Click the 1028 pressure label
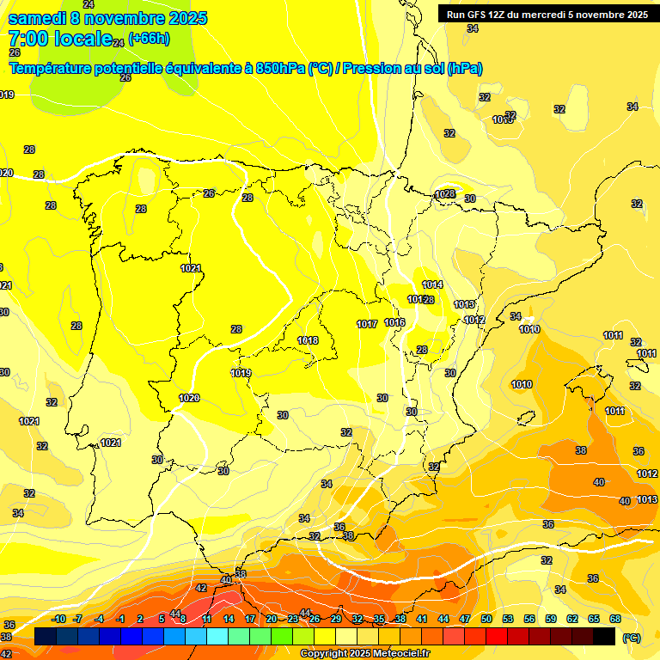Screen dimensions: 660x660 pyautogui.click(x=445, y=194)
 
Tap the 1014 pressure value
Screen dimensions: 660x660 pyautogui.click(x=432, y=284)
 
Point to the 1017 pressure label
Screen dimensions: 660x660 pyautogui.click(x=367, y=324)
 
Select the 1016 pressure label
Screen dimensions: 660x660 pyautogui.click(x=395, y=322)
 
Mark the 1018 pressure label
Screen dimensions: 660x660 pyautogui.click(x=308, y=340)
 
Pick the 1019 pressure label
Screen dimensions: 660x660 pyautogui.click(x=241, y=373)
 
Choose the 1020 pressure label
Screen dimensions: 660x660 pyautogui.click(x=189, y=398)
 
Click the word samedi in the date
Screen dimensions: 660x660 pyautogui.click(x=38, y=18)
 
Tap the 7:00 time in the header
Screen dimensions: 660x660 pyautogui.click(x=28, y=39)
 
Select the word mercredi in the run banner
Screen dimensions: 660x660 pyautogui.click(x=538, y=14)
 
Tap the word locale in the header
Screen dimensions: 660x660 pyautogui.click(x=82, y=39)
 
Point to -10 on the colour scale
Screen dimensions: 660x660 pyautogui.click(x=59, y=619)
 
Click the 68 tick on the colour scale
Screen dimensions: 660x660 pyautogui.click(x=615, y=619)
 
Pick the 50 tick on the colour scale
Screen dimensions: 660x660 pyautogui.click(x=486, y=619)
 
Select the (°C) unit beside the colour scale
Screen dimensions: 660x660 pyautogui.click(x=631, y=638)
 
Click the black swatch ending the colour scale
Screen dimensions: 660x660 pyautogui.click(x=604, y=636)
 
